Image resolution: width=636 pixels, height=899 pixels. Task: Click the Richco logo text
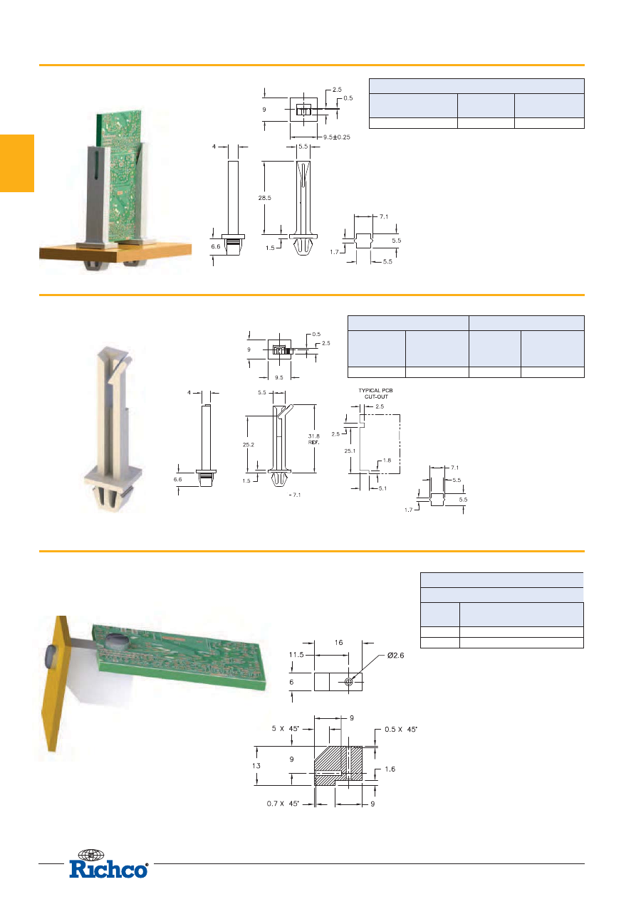click(108, 870)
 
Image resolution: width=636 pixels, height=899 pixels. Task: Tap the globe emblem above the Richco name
click(90, 855)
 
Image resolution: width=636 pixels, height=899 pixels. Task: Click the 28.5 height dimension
click(265, 198)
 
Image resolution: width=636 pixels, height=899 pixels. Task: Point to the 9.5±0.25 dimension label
click(336, 137)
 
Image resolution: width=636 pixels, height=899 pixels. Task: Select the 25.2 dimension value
click(249, 445)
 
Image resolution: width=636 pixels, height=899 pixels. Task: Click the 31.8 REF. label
click(314, 439)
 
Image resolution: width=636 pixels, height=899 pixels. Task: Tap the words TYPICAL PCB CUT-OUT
click(376, 394)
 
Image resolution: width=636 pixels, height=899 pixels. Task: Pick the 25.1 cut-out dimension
click(350, 451)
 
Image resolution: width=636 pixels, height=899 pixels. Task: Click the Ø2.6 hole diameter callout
click(395, 656)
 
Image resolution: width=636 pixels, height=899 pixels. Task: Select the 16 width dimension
click(338, 643)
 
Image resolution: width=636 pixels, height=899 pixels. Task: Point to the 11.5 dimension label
click(296, 655)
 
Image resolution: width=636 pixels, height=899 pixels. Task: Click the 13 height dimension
click(256, 766)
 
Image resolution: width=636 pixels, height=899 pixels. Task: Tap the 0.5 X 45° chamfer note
click(401, 729)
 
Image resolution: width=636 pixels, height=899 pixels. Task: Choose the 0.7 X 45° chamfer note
click(283, 804)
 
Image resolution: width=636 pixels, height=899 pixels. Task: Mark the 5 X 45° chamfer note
click(286, 728)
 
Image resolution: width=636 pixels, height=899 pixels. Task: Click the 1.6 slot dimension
click(390, 769)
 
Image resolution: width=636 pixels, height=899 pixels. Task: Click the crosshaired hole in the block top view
click(348, 682)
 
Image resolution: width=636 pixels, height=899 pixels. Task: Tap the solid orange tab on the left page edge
click(17, 163)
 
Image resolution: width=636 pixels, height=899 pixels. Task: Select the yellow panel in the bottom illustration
click(56, 683)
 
